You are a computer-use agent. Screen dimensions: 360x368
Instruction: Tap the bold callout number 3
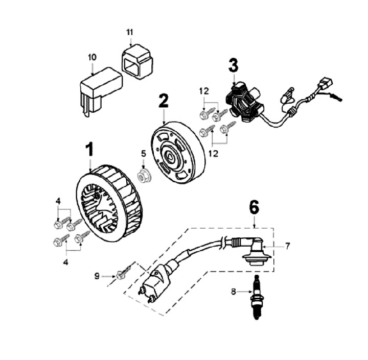(233, 66)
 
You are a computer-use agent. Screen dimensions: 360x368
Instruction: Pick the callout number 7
(287, 247)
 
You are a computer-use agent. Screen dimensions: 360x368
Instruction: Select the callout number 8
(234, 292)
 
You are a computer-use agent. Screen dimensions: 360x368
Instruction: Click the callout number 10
(92, 58)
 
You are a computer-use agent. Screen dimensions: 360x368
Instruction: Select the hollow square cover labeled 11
(137, 61)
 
